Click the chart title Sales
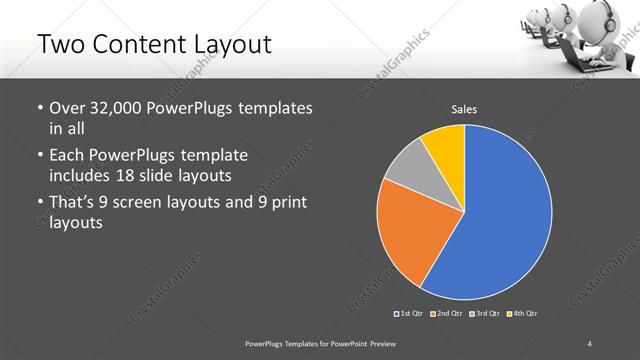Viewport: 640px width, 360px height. point(463,108)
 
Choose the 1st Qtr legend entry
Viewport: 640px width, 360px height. point(409,314)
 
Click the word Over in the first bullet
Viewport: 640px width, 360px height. point(67,107)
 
